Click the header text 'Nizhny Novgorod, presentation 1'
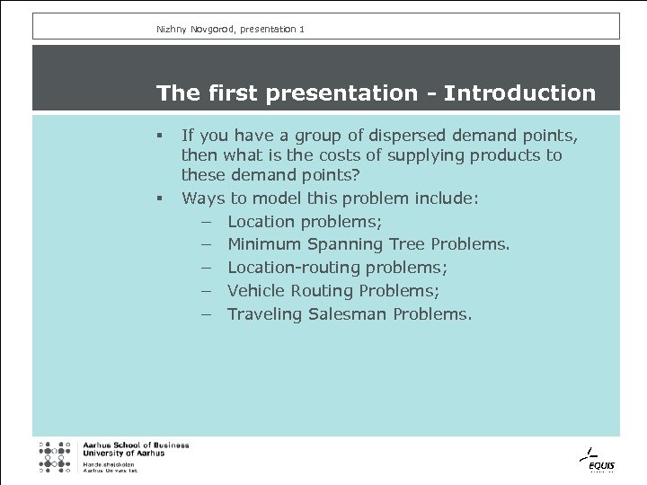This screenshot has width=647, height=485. [x=230, y=30]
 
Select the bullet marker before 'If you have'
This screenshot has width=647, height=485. [x=157, y=137]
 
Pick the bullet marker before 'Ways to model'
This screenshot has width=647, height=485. [x=157, y=199]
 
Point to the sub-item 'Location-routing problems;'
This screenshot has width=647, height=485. [x=337, y=268]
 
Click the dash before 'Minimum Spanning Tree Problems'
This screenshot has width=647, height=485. [x=206, y=244]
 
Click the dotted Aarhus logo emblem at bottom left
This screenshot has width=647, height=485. [x=54, y=456]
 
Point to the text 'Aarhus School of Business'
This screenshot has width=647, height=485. [x=136, y=445]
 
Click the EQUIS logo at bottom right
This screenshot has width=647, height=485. [x=595, y=459]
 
